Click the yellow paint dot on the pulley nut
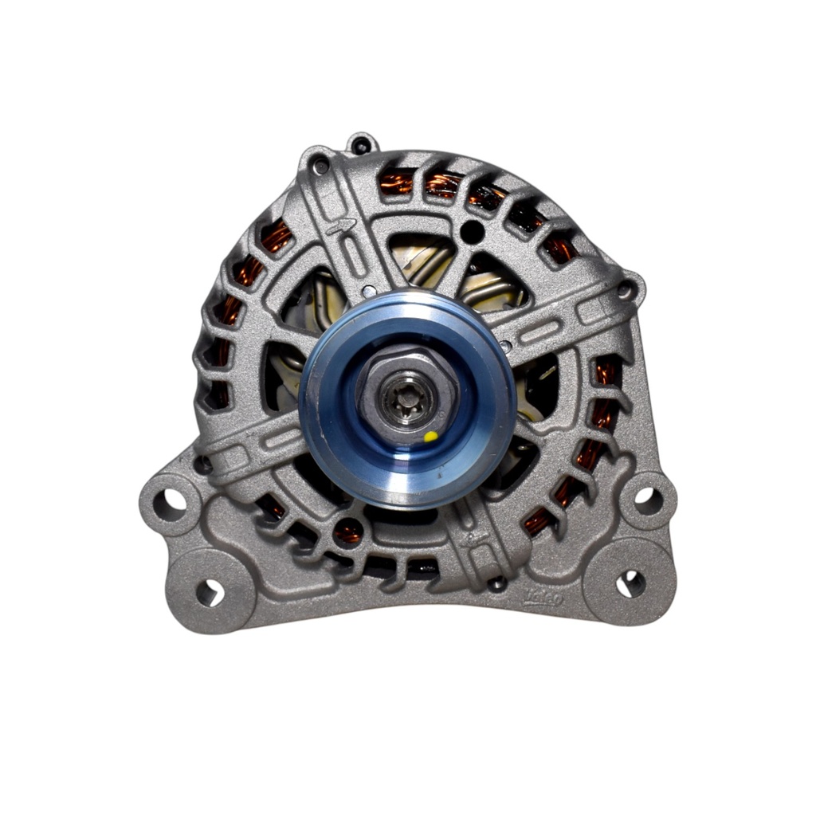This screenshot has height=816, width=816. tap(430, 436)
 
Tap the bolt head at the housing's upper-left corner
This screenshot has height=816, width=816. tap(320, 167)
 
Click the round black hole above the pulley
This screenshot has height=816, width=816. tap(472, 232)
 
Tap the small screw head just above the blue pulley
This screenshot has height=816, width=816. tap(367, 292)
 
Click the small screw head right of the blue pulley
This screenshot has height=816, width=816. tap(505, 345)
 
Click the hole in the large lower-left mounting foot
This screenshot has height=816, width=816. tap(209, 591)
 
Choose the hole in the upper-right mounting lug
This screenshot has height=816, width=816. tap(646, 500)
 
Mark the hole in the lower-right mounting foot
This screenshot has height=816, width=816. tap(630, 583)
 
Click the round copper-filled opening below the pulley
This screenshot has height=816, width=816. tap(348, 530)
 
